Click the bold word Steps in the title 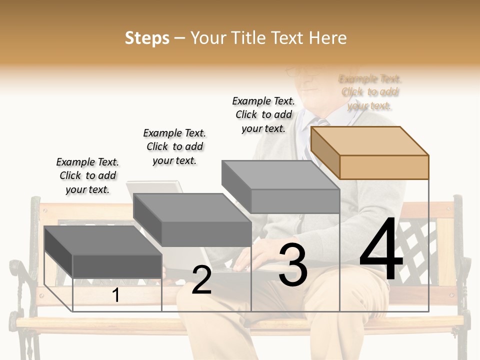coord(147,38)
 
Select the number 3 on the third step coord(293,265)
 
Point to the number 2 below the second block coord(201,280)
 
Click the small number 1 coord(116,295)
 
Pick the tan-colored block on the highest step coord(370,152)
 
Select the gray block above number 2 coord(192,220)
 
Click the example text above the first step coord(87,175)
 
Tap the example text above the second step coord(174,146)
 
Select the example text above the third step coord(263,114)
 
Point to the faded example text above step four coord(370,92)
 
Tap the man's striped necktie coord(321,122)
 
